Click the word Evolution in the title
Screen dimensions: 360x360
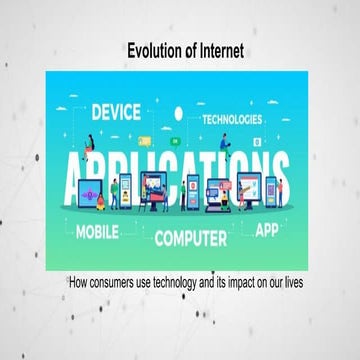153,49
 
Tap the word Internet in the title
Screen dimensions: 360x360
218,49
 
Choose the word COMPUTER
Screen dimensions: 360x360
195,238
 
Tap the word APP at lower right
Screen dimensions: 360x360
267,229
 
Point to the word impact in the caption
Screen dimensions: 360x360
247,284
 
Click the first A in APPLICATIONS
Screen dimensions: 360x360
83,173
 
